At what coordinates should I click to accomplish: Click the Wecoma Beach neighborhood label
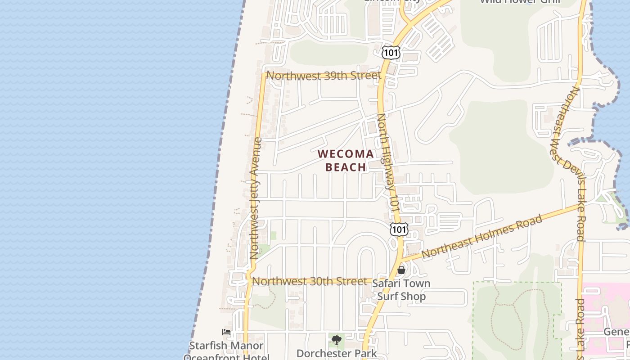point(346,160)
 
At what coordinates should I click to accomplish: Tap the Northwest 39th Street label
point(324,76)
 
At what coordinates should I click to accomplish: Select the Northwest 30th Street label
point(310,281)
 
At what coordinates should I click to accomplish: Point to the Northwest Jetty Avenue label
point(255,198)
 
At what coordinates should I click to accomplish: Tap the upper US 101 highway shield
point(391,52)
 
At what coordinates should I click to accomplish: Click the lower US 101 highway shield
point(399,229)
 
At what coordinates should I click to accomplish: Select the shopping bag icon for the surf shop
point(401,270)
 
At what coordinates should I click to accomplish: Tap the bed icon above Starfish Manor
point(226,332)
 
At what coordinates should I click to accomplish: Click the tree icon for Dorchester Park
point(336,340)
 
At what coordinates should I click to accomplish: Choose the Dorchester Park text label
point(337,353)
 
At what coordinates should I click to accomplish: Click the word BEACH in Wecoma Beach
point(346,167)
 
